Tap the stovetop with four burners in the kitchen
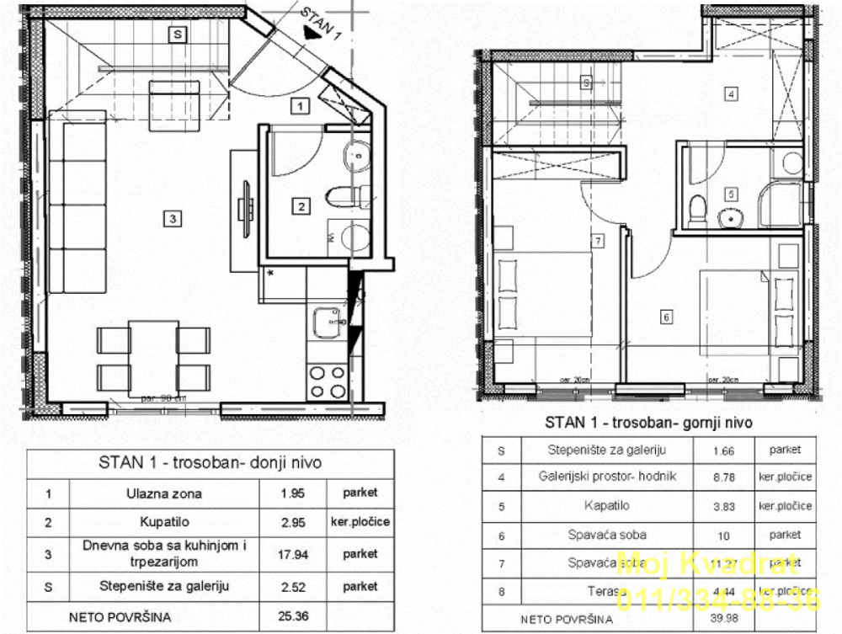pyautogui.click(x=328, y=381)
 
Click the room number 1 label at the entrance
pyautogui.click(x=301, y=105)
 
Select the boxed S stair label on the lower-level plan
pyautogui.click(x=177, y=35)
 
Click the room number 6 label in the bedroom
pyautogui.click(x=666, y=317)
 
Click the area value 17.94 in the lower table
pyautogui.click(x=294, y=554)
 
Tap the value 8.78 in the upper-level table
pyautogui.click(x=723, y=477)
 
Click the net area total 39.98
pyautogui.click(x=723, y=620)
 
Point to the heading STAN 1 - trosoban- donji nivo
pyautogui.click(x=210, y=462)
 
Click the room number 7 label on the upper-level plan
pyautogui.click(x=597, y=242)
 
